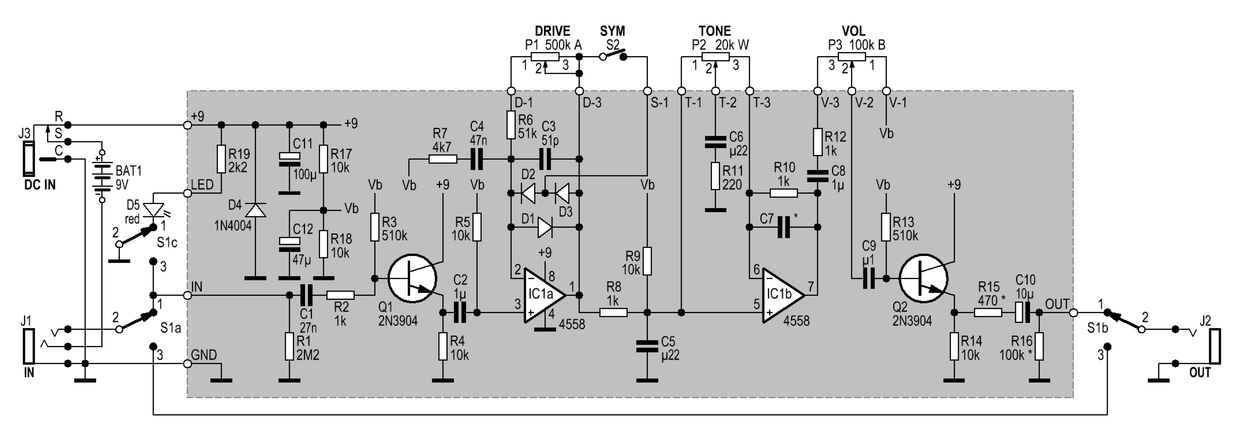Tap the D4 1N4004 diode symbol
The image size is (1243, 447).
256,210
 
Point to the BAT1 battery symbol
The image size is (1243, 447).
102,176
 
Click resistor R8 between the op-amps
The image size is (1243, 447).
613,313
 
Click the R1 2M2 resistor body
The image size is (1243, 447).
290,346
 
